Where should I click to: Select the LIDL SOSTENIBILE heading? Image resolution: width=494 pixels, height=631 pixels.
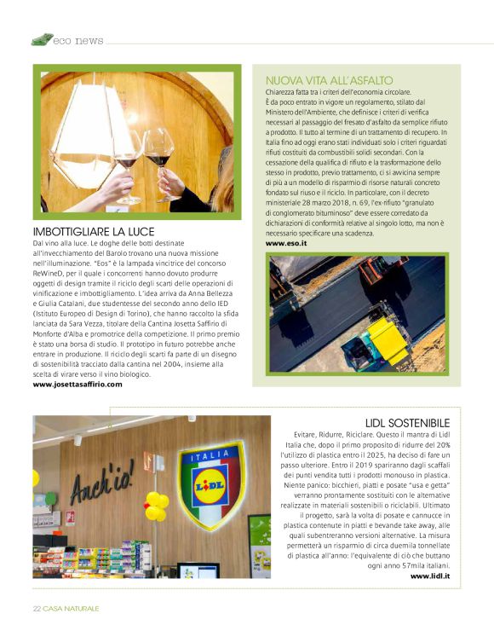pos(407,422)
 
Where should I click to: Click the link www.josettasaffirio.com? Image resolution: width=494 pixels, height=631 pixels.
pos(78,385)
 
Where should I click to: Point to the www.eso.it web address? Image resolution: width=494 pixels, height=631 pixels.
pos(286,243)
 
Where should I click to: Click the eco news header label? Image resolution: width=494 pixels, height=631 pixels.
pos(78,40)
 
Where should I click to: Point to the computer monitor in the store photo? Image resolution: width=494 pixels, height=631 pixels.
pos(198,570)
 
